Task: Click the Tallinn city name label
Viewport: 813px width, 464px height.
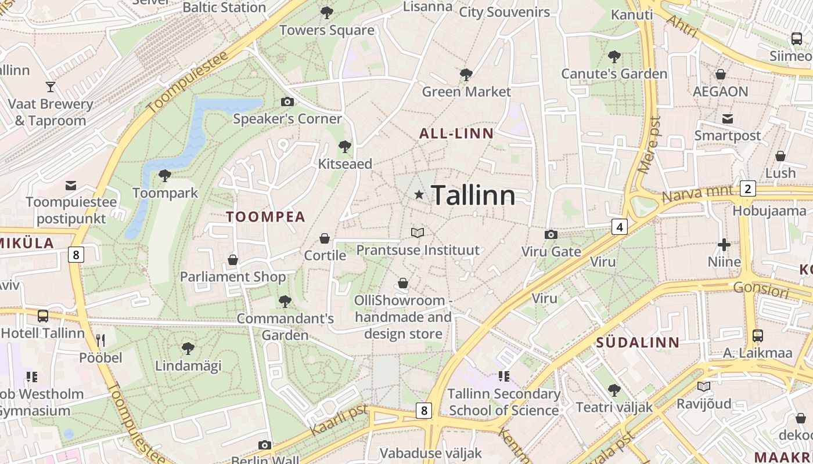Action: pyautogui.click(x=473, y=195)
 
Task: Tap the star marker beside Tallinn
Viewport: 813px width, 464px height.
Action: pyautogui.click(x=419, y=195)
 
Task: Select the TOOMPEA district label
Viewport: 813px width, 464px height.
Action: pyautogui.click(x=265, y=217)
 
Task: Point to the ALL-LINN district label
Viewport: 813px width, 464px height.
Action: pyautogui.click(x=456, y=133)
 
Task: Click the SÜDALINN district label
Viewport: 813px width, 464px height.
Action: pyautogui.click(x=638, y=342)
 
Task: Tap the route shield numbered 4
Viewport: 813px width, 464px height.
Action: pyautogui.click(x=620, y=227)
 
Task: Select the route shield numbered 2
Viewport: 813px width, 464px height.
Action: pyautogui.click(x=747, y=188)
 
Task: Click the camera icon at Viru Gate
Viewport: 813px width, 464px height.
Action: pyautogui.click(x=551, y=234)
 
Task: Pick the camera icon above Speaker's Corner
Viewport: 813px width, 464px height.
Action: pyautogui.click(x=287, y=102)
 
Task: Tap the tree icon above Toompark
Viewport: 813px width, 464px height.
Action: pyautogui.click(x=165, y=175)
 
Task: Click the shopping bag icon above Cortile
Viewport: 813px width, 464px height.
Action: pyautogui.click(x=325, y=238)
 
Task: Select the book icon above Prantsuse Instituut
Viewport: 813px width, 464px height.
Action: pyautogui.click(x=417, y=233)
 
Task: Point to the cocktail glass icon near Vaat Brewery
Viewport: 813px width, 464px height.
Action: pyautogui.click(x=51, y=87)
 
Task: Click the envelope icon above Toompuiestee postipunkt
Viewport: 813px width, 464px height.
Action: pyautogui.click(x=71, y=186)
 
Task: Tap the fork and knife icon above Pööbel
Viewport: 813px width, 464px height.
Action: pyautogui.click(x=101, y=340)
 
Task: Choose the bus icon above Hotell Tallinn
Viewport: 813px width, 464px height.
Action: pyautogui.click(x=43, y=316)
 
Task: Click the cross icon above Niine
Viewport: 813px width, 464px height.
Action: pyautogui.click(x=724, y=244)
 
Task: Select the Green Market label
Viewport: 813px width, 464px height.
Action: pyautogui.click(x=466, y=92)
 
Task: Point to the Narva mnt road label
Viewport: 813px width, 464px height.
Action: pyautogui.click(x=699, y=194)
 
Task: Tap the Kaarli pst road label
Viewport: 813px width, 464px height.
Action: pyautogui.click(x=339, y=420)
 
